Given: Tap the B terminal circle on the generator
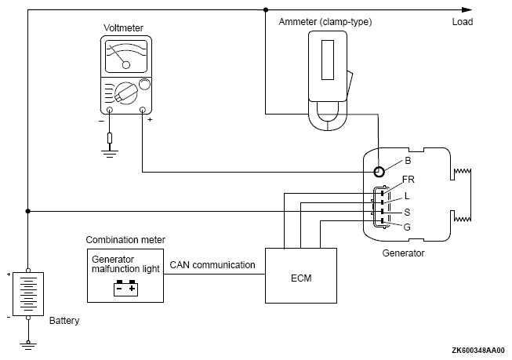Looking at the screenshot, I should tap(379, 172).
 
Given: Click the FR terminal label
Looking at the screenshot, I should tap(409, 180).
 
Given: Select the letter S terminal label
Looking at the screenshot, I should tap(406, 212).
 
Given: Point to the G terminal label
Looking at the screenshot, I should tap(407, 227).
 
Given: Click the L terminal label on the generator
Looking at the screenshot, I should tap(406, 195).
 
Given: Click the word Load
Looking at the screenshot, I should tap(463, 22).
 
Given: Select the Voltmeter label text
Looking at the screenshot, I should tap(123, 29).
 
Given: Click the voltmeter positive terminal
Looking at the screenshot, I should tap(143, 111).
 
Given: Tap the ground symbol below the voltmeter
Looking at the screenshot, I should tap(109, 155).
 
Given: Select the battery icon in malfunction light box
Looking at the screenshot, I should tap(125, 289).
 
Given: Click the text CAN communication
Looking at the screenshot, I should tap(212, 265).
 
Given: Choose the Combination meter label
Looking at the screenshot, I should tap(125, 239).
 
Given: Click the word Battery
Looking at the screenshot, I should tap(64, 321).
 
